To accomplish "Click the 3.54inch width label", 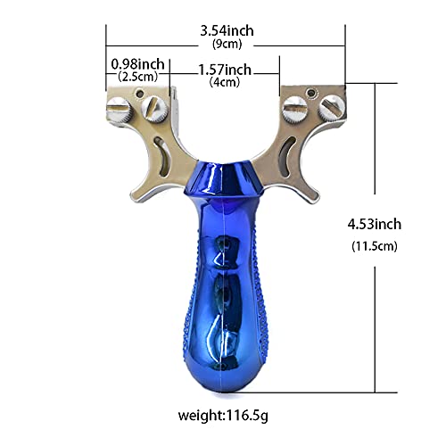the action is (227, 31).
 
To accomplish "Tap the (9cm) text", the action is (227, 44).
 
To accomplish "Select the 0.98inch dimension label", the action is (137, 64).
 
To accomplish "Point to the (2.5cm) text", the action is (137, 77).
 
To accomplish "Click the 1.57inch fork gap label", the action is (225, 70).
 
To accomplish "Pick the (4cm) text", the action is (225, 82).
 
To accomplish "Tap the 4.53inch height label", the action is (375, 224).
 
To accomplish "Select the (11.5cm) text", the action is (375, 246).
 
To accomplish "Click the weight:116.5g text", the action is (223, 415).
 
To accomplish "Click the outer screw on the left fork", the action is (118, 110).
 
